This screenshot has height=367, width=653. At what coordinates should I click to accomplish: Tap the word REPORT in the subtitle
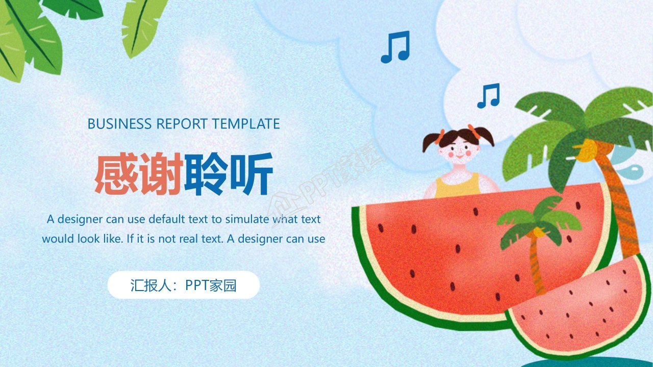pos(182,124)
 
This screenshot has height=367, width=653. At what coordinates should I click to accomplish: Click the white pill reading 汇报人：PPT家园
pos(183,285)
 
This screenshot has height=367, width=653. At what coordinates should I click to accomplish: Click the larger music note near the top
pos(395,47)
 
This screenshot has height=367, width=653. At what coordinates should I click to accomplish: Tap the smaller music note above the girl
pos(488,96)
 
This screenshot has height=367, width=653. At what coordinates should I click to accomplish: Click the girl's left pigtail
pos(433,141)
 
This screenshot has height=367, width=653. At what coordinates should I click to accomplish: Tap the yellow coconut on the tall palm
pos(590,148)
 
